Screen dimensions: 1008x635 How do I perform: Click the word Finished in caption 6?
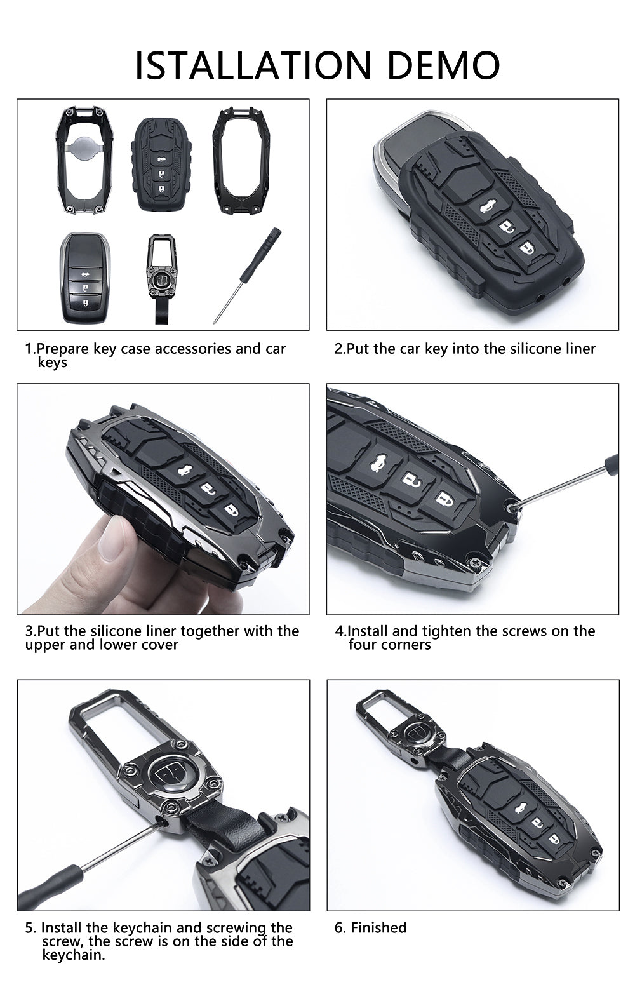[378, 927]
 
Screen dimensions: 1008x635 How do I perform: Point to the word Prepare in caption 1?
[63, 349]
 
